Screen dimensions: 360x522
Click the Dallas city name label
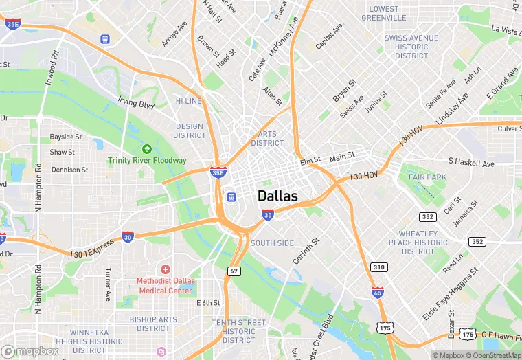point(277,196)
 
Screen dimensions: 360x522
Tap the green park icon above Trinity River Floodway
point(146,148)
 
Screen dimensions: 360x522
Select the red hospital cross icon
point(165,269)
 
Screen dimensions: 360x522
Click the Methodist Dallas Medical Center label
point(166,285)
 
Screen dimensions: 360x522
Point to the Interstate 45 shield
point(377,293)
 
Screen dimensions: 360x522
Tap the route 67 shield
point(234,271)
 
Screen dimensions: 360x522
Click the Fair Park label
point(427,177)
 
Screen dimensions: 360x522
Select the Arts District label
point(267,138)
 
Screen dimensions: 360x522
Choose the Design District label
point(190,131)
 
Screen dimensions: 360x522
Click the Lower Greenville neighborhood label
point(383,13)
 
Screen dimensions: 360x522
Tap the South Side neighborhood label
point(272,243)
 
